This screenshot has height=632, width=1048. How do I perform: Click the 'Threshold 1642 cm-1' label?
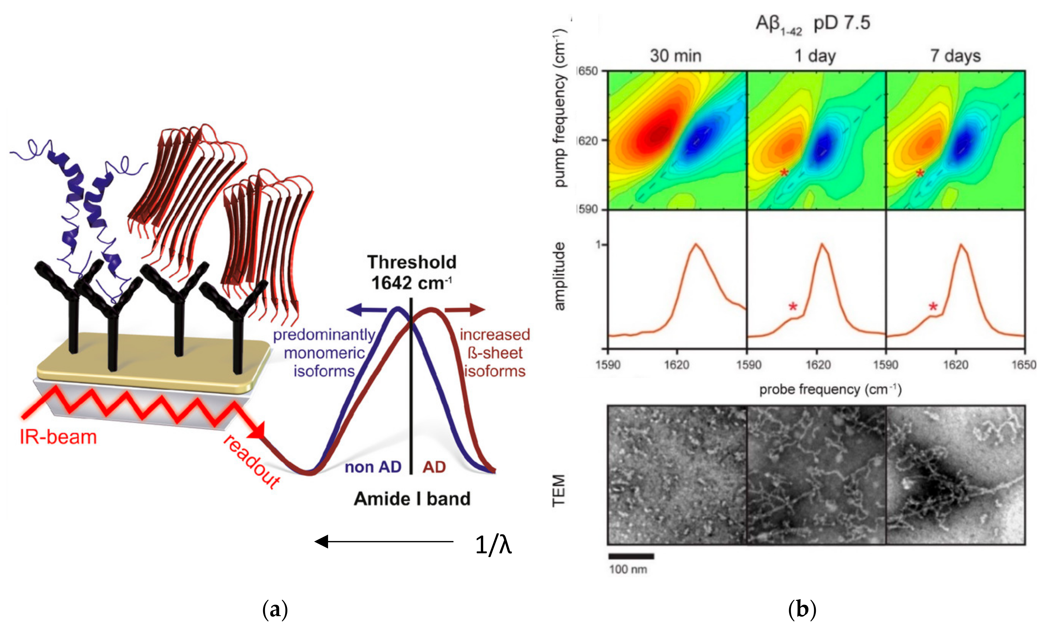[x=411, y=272]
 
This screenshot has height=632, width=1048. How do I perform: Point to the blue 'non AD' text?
[x=373, y=467]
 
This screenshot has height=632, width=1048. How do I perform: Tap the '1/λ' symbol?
[x=493, y=545]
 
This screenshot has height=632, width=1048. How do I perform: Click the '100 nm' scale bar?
[x=631, y=556]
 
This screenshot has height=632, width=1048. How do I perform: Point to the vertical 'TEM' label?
[x=559, y=490]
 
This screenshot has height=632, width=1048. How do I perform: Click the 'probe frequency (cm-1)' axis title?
[x=830, y=390]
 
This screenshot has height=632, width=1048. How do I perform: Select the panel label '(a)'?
[x=275, y=609]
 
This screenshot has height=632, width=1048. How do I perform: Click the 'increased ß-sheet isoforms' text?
[x=495, y=353]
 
